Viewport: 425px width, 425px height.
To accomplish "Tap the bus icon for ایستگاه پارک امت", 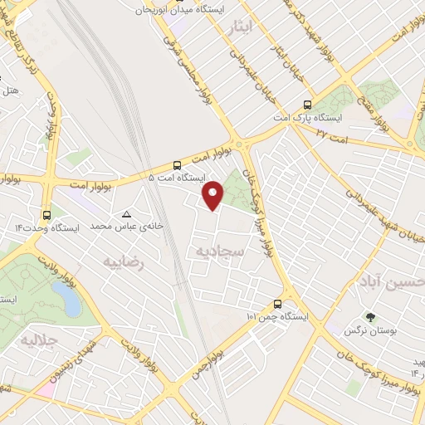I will (x=308, y=105).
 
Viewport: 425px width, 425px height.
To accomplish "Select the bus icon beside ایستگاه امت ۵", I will (x=177, y=165).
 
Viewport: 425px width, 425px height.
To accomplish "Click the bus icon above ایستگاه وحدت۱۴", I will (x=46, y=213).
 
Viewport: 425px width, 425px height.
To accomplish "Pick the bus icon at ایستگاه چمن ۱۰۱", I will (x=277, y=305).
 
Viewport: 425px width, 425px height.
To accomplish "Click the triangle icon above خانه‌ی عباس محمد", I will (x=126, y=213).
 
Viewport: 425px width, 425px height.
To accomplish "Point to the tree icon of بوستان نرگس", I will (x=369, y=317).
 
